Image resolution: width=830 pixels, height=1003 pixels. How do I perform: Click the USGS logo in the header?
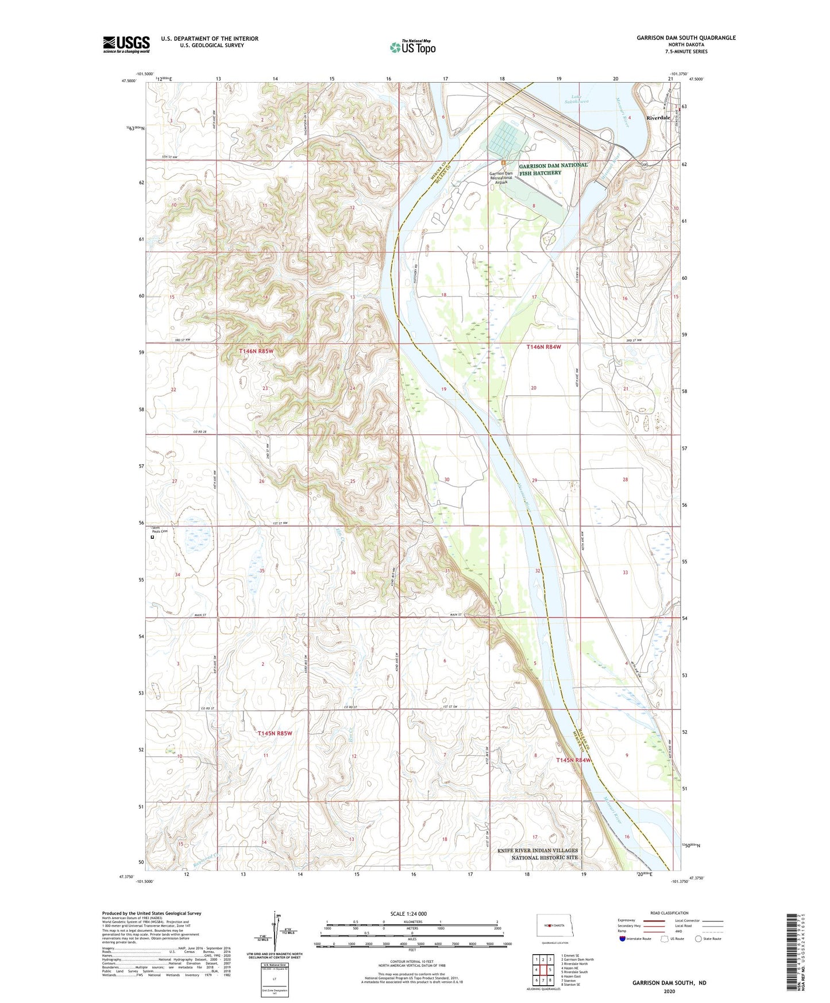click(x=126, y=44)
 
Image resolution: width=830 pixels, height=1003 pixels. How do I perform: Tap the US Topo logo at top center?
click(x=412, y=47)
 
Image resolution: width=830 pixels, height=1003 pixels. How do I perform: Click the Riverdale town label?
click(x=658, y=118)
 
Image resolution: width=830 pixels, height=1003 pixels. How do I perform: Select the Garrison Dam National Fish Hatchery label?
click(x=553, y=169)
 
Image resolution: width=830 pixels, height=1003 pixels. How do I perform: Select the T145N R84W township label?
click(x=573, y=760)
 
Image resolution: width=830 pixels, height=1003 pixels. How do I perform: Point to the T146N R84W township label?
click(x=543, y=347)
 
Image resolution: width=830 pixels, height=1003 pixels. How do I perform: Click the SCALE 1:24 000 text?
click(x=408, y=914)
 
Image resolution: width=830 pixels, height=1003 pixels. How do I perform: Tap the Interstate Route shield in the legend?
click(x=623, y=939)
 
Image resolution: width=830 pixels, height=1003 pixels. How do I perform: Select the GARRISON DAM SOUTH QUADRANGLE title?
click(x=685, y=38)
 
